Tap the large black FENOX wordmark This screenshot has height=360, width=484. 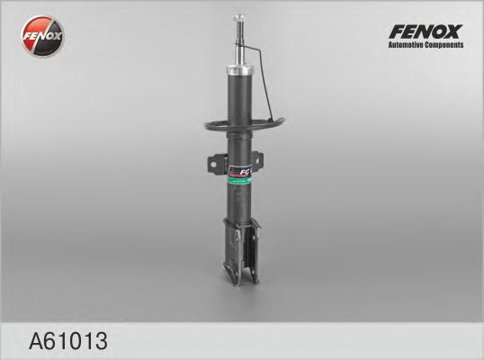point(425,31)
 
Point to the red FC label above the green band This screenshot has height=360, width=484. point(246,170)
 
